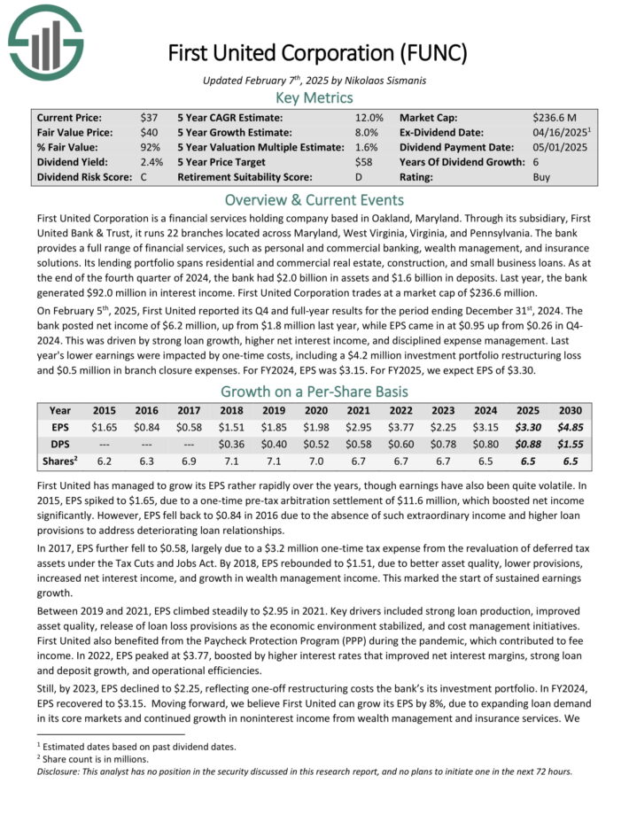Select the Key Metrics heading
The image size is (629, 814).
pos(314,97)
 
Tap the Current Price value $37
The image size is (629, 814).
pos(149,117)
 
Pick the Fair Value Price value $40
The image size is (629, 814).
pos(149,132)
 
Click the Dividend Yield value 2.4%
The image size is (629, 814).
pos(148,162)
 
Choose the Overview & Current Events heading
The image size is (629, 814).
pos(314,199)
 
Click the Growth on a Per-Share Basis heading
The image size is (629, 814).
pos(314,391)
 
